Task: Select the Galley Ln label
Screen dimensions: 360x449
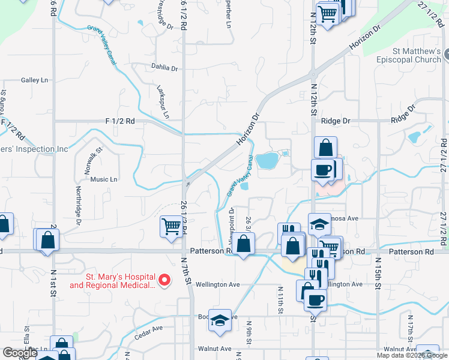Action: coord(34,80)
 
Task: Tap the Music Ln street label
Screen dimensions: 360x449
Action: coord(104,179)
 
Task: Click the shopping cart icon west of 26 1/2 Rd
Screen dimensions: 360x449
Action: coord(171,227)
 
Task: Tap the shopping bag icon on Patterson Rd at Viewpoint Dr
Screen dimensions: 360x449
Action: coord(243,245)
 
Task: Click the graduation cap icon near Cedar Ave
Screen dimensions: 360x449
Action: coord(220,320)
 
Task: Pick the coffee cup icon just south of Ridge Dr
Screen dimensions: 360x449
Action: coord(322,170)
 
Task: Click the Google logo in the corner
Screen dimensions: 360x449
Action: coord(20,353)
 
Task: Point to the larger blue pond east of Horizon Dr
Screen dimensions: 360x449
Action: coord(267,160)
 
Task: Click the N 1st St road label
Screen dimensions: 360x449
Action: coord(53,290)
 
